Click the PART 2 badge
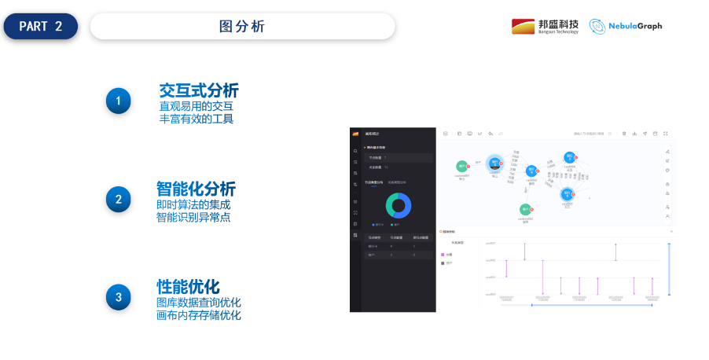[40, 26]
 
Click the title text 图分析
[242, 26]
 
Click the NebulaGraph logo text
[635, 26]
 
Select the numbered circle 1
[119, 101]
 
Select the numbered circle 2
[119, 199]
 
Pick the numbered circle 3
[119, 296]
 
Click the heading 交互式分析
[198, 90]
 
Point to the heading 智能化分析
[196, 189]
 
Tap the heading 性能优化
[188, 286]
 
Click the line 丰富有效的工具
[197, 119]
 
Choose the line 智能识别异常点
[193, 217]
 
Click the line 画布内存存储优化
[199, 315]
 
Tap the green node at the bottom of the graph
[525, 211]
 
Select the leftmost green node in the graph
[462, 167]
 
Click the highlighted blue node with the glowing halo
[494, 163]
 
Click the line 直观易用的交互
[197, 105]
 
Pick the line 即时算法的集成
[193, 204]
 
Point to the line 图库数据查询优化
[199, 303]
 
